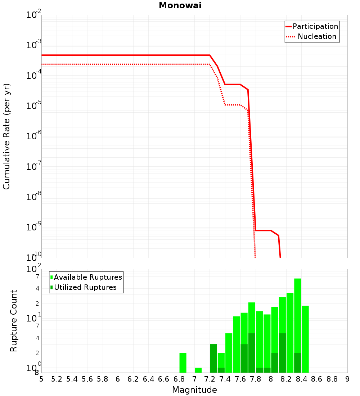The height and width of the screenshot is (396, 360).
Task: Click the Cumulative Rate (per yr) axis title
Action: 6,136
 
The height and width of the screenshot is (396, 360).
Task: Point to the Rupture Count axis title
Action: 14,321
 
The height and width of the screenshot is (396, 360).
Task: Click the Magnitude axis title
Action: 194,390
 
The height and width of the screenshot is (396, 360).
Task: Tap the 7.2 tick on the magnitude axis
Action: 210,379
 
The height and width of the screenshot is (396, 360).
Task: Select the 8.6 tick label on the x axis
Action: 317,379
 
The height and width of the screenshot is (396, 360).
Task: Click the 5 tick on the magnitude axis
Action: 41,379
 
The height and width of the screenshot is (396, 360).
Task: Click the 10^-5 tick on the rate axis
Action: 34,106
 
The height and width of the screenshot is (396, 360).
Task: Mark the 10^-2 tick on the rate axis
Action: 34,15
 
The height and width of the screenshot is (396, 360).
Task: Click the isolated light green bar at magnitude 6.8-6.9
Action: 183,363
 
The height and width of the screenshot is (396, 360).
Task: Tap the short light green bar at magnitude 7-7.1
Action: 198,370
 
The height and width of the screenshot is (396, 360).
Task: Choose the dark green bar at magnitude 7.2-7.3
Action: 213,358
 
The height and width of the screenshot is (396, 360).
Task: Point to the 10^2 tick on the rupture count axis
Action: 34,269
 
